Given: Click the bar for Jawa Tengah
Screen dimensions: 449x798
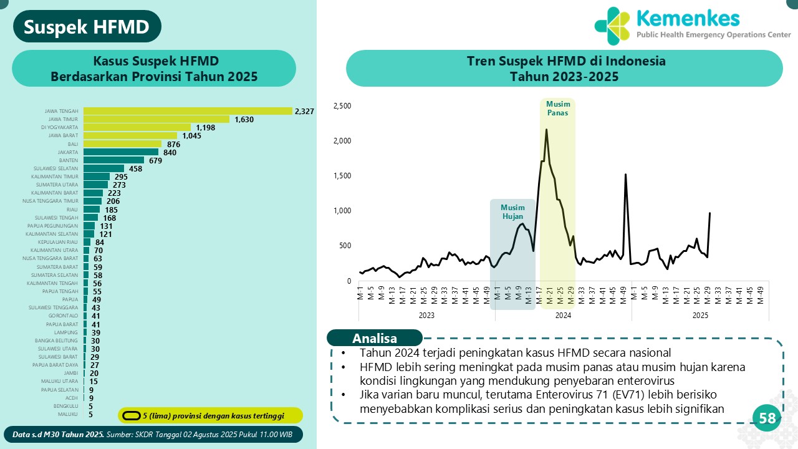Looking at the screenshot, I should [x=188, y=111].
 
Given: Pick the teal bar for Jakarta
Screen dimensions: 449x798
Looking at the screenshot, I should [x=121, y=152].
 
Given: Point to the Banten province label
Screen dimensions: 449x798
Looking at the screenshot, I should [x=69, y=160].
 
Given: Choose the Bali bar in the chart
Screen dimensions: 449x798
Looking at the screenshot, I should [x=122, y=143].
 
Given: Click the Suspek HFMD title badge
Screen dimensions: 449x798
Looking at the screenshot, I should [x=87, y=27].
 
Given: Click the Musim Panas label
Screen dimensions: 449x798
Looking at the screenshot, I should [x=557, y=109].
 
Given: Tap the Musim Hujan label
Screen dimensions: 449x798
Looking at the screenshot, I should [x=512, y=212].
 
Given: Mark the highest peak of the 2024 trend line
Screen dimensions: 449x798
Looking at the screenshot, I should [x=546, y=130].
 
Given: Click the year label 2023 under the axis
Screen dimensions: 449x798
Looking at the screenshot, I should [x=426, y=316].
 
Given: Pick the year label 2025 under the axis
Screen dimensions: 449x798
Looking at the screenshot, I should [x=700, y=316].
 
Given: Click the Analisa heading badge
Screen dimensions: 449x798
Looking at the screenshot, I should [x=375, y=339].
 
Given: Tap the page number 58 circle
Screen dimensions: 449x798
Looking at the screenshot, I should [x=767, y=418].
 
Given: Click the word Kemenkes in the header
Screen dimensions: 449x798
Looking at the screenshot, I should [x=688, y=18].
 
